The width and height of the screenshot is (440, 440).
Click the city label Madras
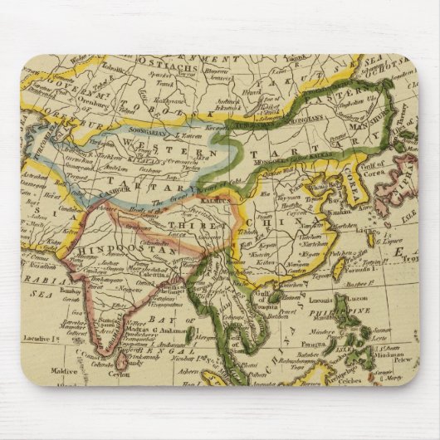pos(120,322)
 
